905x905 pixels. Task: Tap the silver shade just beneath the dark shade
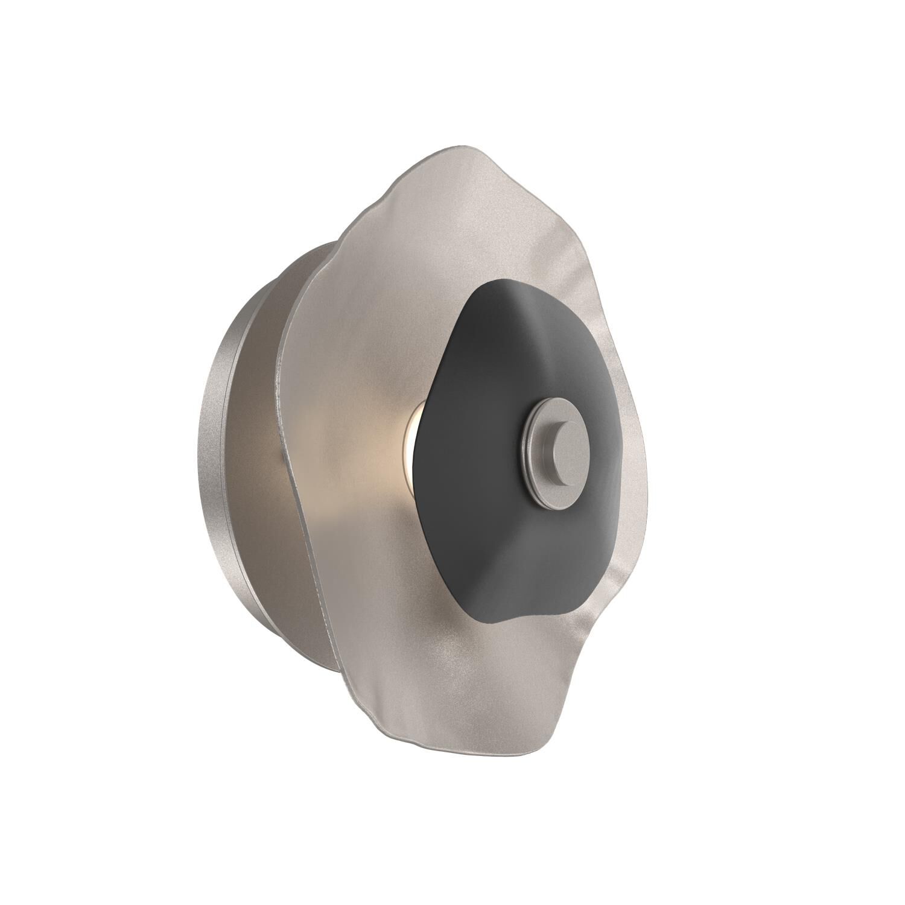[x=513, y=652]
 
